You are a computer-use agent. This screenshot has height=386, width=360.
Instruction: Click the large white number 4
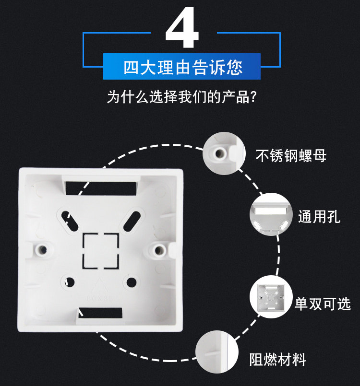click(182, 28)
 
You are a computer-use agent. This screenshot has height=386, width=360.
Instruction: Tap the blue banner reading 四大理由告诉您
click(182, 67)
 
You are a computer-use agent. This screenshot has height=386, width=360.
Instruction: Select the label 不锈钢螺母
click(291, 155)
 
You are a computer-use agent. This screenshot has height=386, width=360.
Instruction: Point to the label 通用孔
click(319, 216)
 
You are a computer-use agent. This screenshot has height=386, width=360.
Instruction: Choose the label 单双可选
click(323, 304)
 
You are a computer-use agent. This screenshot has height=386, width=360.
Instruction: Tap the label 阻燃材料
click(278, 360)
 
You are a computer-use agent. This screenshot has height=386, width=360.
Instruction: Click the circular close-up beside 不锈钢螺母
click(224, 153)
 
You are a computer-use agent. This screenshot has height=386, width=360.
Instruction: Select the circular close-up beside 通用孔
click(271, 214)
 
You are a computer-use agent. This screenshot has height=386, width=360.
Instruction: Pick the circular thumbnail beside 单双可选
click(271, 297)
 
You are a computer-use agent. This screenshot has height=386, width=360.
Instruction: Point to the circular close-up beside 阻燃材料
click(217, 352)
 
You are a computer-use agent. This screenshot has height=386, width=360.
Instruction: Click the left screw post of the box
click(42, 250)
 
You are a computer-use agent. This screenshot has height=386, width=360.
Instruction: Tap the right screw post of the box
click(158, 250)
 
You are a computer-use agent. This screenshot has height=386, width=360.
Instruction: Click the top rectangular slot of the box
click(101, 188)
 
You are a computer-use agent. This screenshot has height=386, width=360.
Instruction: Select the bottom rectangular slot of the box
click(100, 313)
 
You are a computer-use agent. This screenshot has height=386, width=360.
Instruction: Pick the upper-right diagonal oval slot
click(132, 221)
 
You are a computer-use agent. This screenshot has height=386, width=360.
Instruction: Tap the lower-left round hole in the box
click(70, 282)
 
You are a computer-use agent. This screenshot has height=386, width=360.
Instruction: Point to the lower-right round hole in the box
click(132, 282)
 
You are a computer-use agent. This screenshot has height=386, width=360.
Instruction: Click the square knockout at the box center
click(101, 251)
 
